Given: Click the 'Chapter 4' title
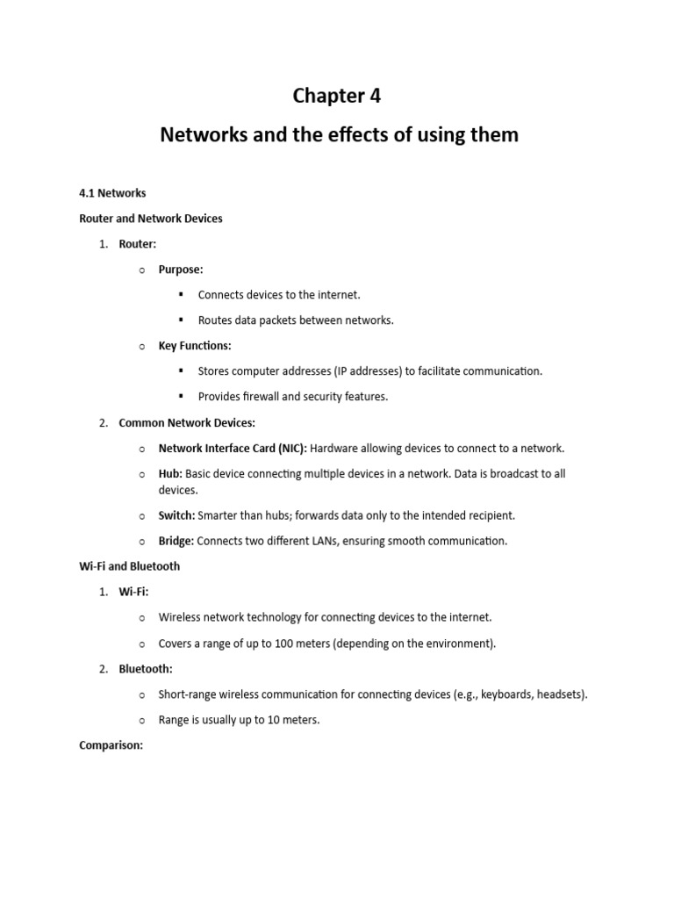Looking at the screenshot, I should coord(336,97).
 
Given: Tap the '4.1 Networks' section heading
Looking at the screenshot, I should coord(112,193).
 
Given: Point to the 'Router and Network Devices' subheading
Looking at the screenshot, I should coord(151,219).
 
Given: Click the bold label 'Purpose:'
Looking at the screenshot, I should coord(181,270).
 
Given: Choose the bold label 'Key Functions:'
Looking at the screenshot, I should coord(195,346).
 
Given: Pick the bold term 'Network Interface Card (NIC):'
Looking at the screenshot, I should coord(233,448).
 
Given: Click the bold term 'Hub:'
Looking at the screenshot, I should coord(170,473).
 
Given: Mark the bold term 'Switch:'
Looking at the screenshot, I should coord(176,515).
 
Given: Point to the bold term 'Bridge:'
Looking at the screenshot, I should coord(176,541).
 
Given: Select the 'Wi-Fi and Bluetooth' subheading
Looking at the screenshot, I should coord(129,566).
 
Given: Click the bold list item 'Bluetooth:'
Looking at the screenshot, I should coord(146,669).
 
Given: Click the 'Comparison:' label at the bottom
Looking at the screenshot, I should coord(111,745).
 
